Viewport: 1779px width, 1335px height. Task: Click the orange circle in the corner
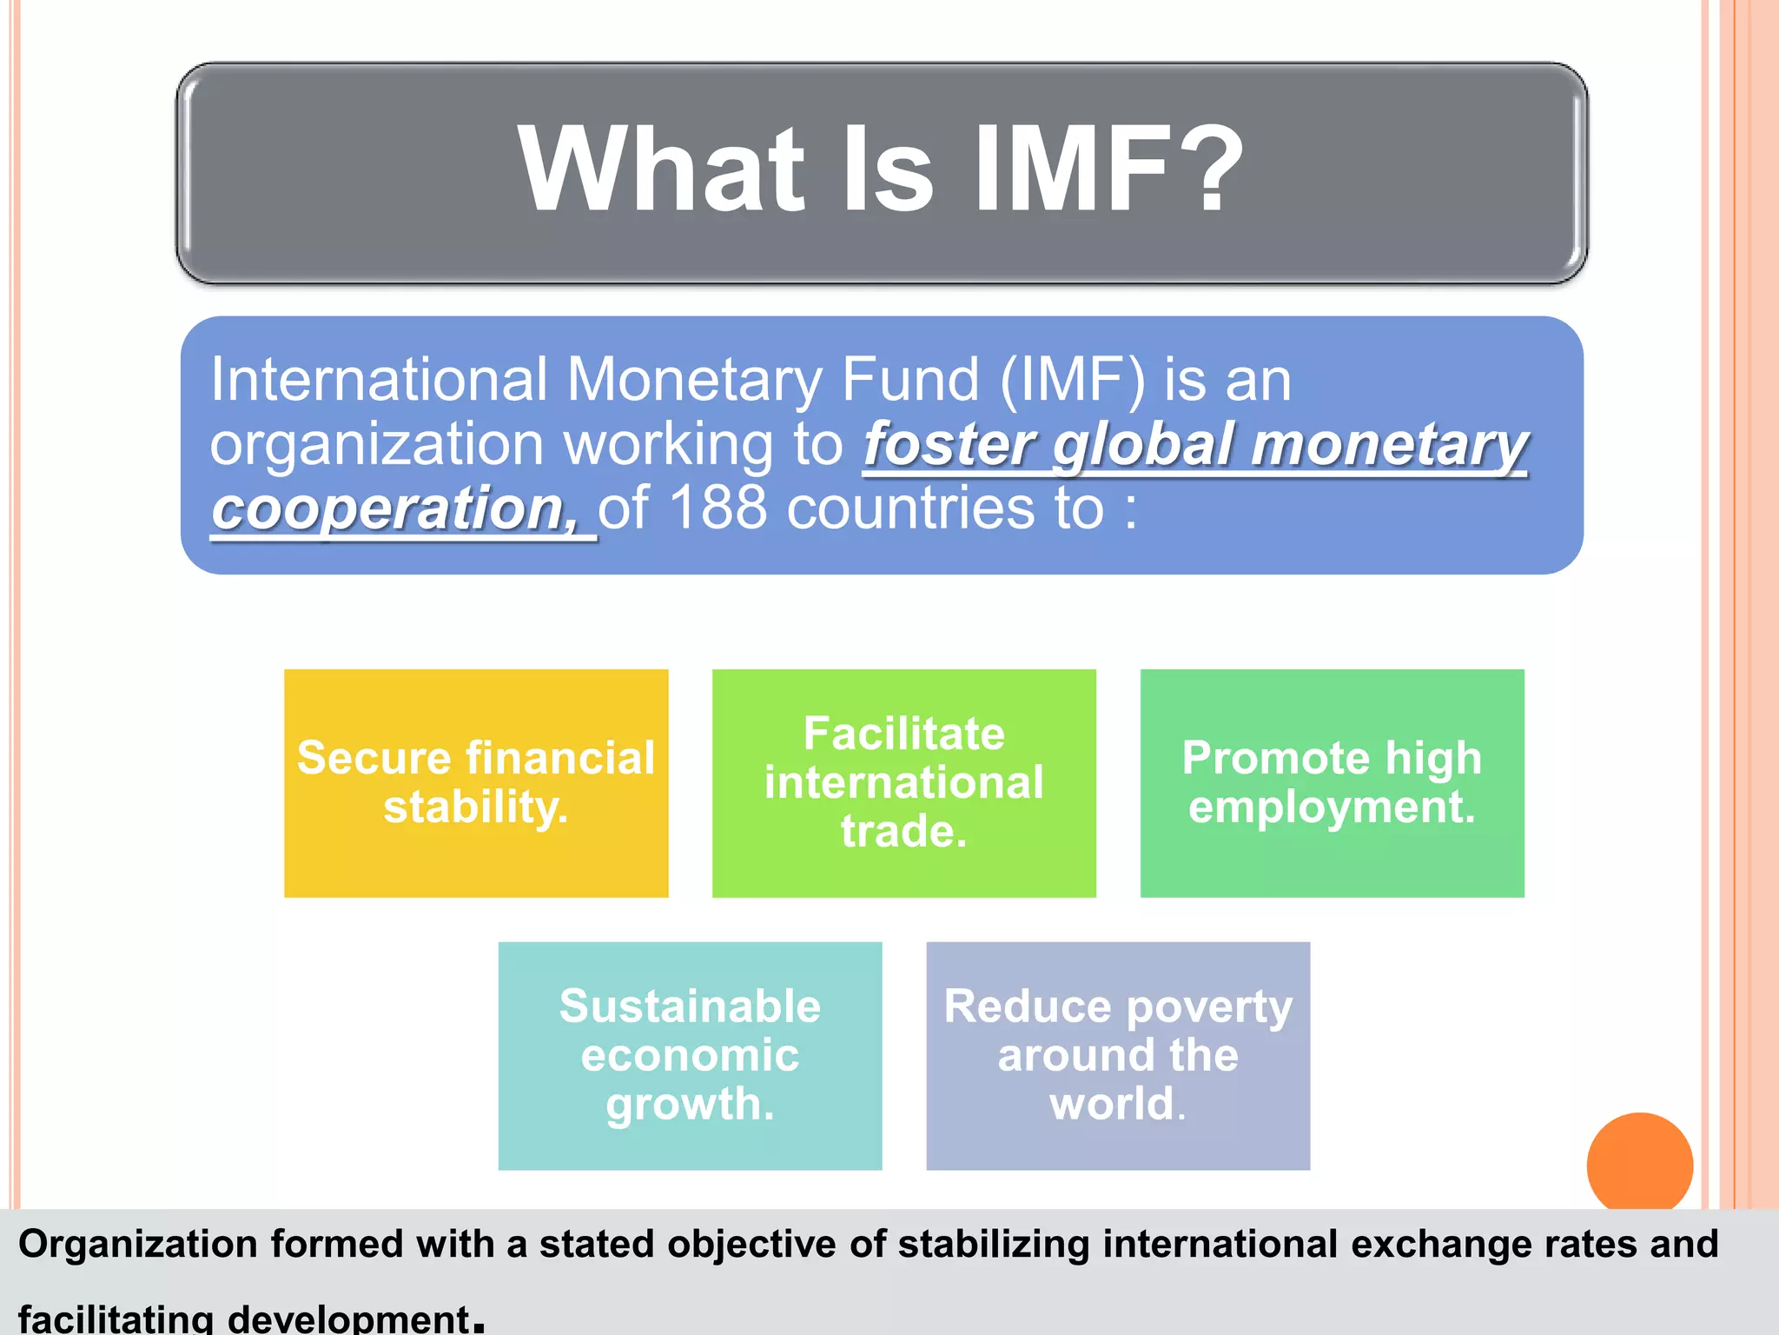(1639, 1162)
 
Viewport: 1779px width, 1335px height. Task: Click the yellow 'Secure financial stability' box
(476, 782)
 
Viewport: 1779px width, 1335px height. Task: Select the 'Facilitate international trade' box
(903, 782)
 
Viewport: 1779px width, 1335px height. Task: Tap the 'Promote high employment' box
(1332, 782)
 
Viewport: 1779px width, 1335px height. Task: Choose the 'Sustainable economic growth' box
(690, 1055)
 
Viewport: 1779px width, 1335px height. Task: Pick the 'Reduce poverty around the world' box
(1118, 1055)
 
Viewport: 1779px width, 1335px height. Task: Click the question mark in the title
(1208, 169)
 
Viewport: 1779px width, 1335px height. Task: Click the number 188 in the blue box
(718, 508)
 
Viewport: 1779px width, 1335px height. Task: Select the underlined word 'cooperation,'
(395, 509)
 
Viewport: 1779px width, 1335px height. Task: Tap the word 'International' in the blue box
(379, 381)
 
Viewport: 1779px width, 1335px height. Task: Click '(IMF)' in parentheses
(1072, 381)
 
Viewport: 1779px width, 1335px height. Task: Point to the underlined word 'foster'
(951, 445)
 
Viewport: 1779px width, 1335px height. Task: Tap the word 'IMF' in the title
(1077, 169)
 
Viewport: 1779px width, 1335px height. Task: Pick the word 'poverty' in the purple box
(1209, 1008)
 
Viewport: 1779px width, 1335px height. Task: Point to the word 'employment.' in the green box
(1332, 807)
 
